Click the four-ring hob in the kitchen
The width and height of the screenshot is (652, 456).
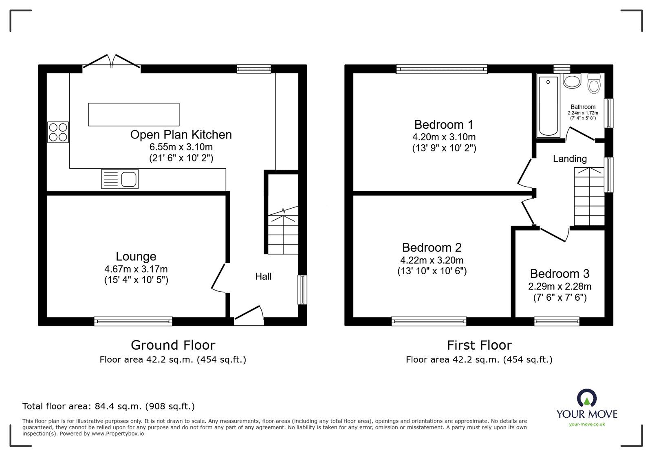58,132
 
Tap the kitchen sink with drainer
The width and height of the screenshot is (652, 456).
120,179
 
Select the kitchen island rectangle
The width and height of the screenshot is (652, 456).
134,115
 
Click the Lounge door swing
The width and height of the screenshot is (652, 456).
219,278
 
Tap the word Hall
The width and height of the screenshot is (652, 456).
263,277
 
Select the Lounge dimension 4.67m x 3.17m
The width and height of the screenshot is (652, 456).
136,269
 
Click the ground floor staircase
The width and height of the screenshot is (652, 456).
283,232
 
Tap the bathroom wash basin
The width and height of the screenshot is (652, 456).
572,81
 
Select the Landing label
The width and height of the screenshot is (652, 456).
570,159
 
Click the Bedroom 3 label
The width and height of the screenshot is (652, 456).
559,273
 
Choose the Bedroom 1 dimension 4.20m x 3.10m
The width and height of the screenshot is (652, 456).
444,137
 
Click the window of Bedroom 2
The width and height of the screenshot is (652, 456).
429,322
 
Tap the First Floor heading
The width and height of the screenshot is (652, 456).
479,345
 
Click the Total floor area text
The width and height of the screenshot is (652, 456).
108,406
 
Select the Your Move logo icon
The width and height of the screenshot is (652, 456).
586,398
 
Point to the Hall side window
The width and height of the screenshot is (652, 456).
302,290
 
